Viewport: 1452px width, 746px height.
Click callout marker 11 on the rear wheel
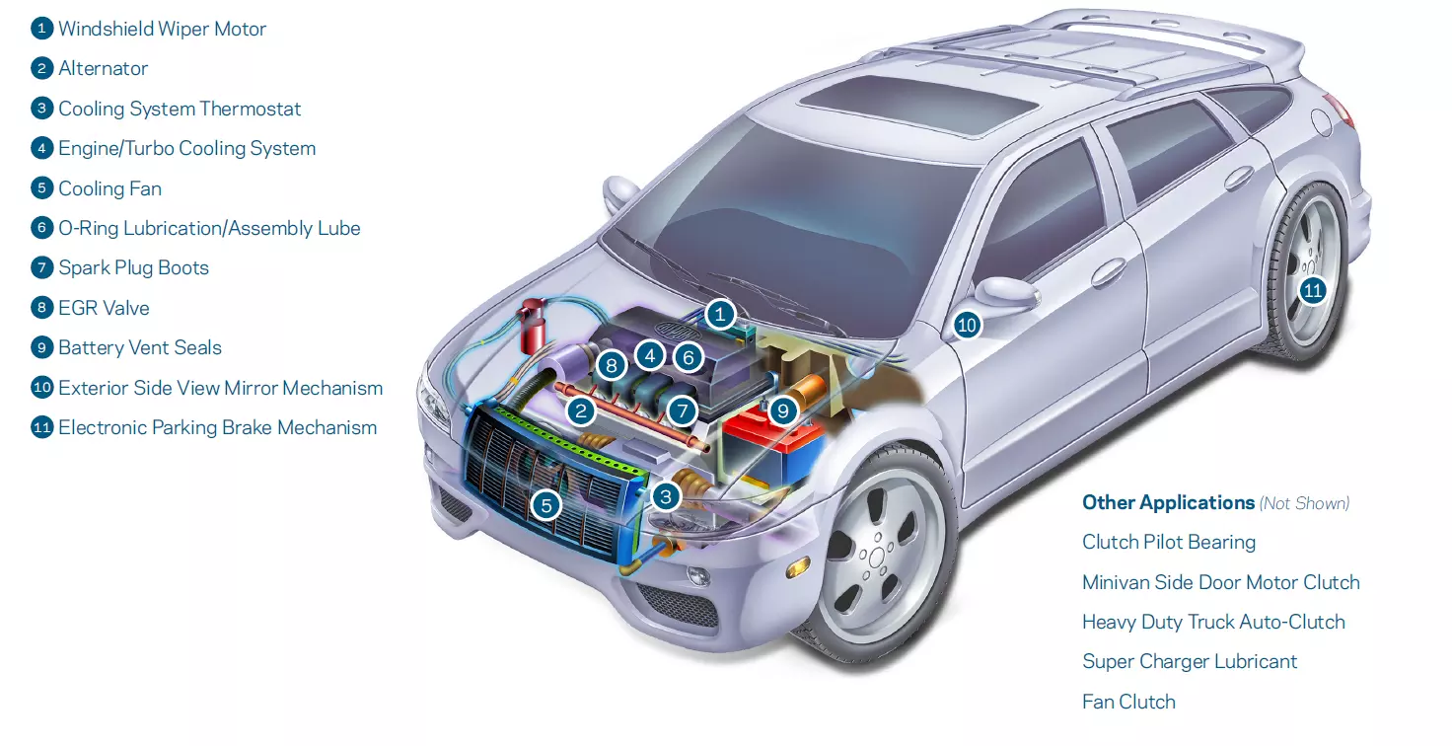1312,290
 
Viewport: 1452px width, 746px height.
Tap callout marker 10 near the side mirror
967,325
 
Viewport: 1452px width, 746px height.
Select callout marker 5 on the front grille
545,506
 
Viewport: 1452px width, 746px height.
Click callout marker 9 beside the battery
783,410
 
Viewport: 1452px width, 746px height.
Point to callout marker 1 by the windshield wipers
721,315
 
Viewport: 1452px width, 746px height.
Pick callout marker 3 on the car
666,496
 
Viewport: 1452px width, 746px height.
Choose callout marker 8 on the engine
612,366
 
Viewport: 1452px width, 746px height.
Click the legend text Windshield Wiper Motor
162,29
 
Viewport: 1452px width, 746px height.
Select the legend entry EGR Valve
104,308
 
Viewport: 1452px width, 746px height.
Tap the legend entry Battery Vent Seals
139,347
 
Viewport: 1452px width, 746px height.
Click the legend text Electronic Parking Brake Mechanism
217,427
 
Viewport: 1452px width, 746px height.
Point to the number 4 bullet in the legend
41,148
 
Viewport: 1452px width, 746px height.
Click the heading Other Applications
1168,502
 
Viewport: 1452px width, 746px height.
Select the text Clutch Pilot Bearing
1169,542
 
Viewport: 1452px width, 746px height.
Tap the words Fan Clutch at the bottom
1128,702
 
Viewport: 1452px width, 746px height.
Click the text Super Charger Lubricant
1190,661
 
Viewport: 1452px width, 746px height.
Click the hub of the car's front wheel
875,558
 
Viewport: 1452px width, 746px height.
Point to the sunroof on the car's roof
917,94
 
